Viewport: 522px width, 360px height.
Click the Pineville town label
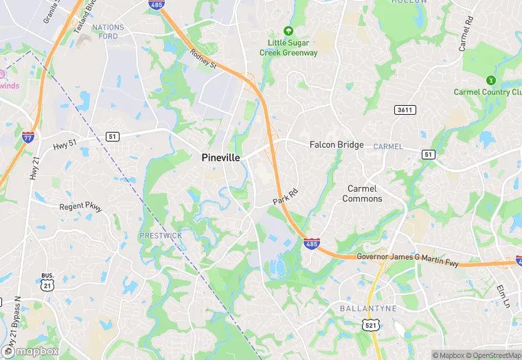tap(221, 158)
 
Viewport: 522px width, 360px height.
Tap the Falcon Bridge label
tap(337, 145)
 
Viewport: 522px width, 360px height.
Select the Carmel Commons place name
tap(362, 194)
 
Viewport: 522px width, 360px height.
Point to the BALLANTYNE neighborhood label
tap(368, 309)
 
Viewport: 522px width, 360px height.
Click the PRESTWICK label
tap(161, 236)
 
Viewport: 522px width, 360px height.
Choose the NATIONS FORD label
tap(109, 32)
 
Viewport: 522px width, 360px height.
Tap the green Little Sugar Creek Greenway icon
tap(288, 31)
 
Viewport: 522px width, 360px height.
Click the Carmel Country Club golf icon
tap(490, 80)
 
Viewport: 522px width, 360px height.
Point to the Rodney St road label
tap(203, 60)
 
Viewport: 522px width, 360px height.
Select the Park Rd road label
tap(286, 196)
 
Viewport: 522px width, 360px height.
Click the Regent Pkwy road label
tap(81, 206)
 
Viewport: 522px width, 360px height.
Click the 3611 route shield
tap(405, 110)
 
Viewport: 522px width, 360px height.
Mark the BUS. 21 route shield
tap(47, 281)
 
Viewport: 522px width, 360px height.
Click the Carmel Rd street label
tap(467, 33)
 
